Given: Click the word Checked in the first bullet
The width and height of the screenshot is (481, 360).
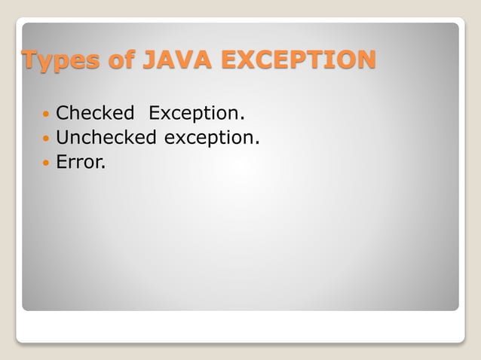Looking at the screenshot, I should point(95,114).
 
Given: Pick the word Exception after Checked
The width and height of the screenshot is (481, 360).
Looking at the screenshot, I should point(197,114).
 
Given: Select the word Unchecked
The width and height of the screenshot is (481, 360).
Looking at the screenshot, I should point(106,137).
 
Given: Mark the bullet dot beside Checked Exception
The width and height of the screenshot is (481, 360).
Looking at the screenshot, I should point(47,115).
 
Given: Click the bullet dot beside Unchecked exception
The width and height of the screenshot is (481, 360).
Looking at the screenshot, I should point(47,139).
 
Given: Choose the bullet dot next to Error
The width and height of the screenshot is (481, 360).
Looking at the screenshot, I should point(47,162).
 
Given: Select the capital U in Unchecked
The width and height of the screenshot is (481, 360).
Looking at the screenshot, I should point(63,137).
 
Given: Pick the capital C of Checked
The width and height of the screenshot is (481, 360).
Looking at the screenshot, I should point(63,114).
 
